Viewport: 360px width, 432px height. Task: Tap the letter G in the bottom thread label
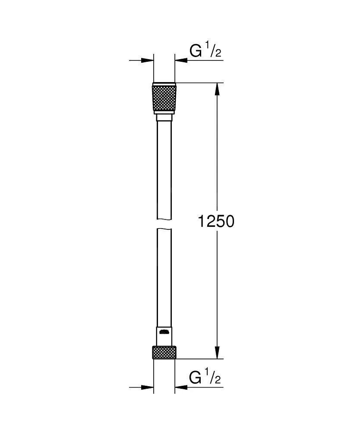[x=196, y=378]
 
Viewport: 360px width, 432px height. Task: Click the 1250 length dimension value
[x=216, y=221]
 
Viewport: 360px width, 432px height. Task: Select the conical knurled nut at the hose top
[x=164, y=97]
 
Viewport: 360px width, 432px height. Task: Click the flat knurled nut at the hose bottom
[x=164, y=352]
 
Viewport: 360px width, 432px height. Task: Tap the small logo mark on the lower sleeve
[x=164, y=332]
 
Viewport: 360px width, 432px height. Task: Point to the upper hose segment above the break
[x=164, y=168]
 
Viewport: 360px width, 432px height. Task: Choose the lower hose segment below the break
[x=164, y=276]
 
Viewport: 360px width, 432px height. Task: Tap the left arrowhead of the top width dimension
[x=149, y=60]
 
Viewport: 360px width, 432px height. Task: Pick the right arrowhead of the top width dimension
[x=180, y=60]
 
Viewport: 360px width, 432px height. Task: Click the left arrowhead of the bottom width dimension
[x=149, y=387]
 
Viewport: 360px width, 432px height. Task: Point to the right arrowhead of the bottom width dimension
[x=180, y=387]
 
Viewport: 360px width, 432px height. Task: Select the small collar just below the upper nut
[x=164, y=118]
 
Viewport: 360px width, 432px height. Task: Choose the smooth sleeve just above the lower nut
[x=164, y=335]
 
